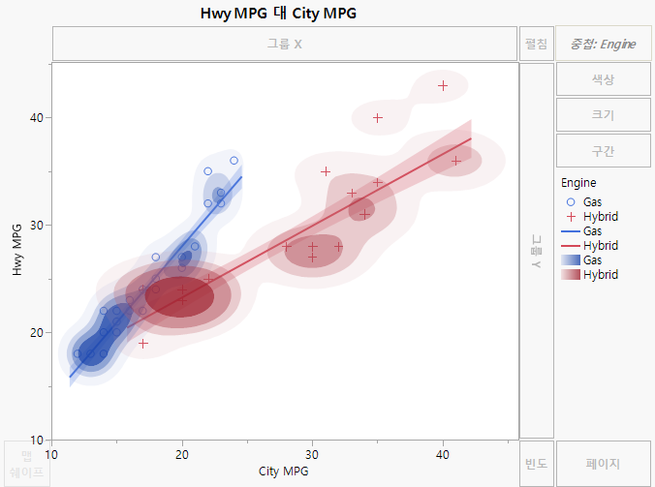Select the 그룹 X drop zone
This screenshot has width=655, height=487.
(285, 44)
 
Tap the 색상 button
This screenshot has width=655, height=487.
(603, 79)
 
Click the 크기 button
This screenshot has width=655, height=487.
(603, 115)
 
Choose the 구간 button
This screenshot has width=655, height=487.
(603, 151)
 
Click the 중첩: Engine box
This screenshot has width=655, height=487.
(603, 44)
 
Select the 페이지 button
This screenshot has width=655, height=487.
(603, 464)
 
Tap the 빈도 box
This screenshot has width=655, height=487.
(536, 464)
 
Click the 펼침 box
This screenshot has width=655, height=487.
(536, 44)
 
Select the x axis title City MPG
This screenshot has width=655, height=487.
(285, 472)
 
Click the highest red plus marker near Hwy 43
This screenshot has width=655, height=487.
(443, 85)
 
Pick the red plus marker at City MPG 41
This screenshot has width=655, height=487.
(456, 161)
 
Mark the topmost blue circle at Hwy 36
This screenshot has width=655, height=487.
(234, 161)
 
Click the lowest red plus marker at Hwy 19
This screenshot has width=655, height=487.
(143, 343)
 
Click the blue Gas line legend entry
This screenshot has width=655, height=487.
(591, 231)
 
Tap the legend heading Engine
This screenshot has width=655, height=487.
(578, 182)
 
